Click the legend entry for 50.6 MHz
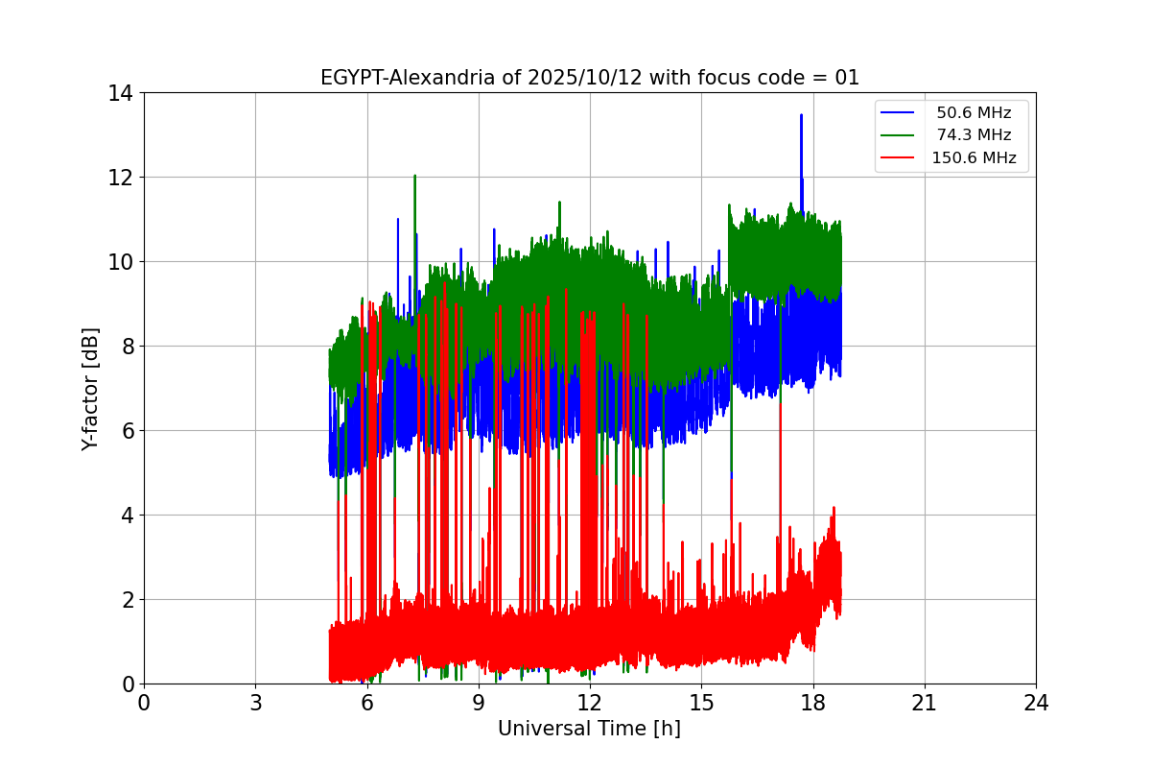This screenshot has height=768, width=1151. tap(974, 113)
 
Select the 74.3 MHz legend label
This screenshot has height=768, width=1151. tap(974, 135)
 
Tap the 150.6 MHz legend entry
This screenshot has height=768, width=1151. tap(974, 158)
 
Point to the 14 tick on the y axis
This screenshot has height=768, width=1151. tap(121, 93)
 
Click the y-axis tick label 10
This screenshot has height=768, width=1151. tap(121, 262)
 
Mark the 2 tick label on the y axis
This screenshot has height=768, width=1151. tap(127, 600)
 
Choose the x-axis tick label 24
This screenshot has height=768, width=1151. tap(1036, 703)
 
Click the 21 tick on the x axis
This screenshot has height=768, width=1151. tap(925, 703)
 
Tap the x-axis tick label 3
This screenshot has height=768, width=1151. tap(255, 703)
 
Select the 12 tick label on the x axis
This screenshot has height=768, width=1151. tap(590, 703)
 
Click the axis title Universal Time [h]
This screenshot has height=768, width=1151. tap(589, 730)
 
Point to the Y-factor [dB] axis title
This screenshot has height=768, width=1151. tap(91, 389)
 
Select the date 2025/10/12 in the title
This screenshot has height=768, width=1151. tap(572, 79)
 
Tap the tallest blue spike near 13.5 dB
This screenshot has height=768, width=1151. tap(801, 117)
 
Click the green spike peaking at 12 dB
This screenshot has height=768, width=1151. tap(414, 178)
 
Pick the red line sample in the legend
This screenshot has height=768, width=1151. tap(902, 158)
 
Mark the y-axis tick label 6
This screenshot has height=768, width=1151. tap(127, 431)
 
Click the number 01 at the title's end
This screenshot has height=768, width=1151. tap(847, 79)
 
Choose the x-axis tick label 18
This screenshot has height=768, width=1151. tap(813, 703)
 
